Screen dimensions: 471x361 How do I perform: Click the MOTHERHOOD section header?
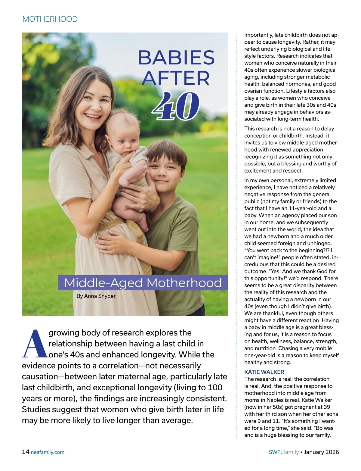pos(50,19)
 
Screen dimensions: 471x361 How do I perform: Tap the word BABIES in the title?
pos(176,58)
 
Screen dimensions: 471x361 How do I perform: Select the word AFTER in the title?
pos(176,78)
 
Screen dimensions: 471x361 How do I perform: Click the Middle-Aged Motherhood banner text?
pos(143,283)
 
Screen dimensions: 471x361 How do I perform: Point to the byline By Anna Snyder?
pos(96,296)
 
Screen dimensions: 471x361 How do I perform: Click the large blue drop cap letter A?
pos(35,344)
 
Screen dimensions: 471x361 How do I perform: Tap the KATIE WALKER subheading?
pos(264,372)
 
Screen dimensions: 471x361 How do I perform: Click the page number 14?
pos(26,452)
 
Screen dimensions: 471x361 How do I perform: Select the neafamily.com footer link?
pos(48,452)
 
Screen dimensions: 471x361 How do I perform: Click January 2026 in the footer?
pos(321,452)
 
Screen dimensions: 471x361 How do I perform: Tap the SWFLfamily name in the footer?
pos(284,452)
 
